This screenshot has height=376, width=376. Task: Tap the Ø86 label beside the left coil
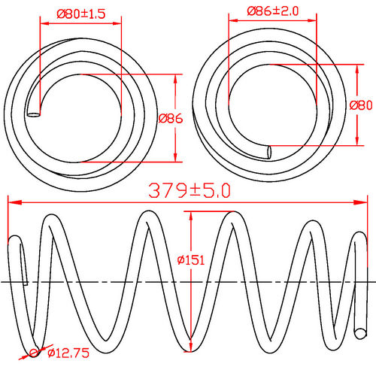171,118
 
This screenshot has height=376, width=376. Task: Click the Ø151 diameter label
192,260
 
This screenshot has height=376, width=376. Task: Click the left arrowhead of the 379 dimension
11,201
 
